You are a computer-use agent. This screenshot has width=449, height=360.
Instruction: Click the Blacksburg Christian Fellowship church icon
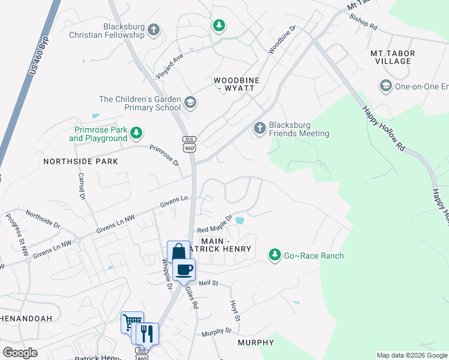pyautogui.click(x=154, y=29)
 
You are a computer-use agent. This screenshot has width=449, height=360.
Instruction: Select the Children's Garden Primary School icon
pyautogui.click(x=190, y=103)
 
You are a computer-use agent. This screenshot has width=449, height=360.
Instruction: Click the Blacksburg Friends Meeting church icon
pyautogui.click(x=259, y=127)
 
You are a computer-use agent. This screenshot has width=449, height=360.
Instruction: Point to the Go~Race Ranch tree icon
pyautogui.click(x=275, y=256)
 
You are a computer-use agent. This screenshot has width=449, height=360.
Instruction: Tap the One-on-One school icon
pyautogui.click(x=385, y=86)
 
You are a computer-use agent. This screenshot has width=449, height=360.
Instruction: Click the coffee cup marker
pyautogui.click(x=184, y=269)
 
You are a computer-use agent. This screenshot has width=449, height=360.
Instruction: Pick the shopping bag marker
pyautogui.click(x=178, y=251)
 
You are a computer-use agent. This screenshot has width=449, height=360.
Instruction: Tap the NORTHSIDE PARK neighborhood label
pyautogui.click(x=80, y=161)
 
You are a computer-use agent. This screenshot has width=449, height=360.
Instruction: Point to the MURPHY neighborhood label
pyautogui.click(x=256, y=343)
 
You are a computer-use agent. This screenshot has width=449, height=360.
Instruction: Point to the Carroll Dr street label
pyautogui.click(x=81, y=186)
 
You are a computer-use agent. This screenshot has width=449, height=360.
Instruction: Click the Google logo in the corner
pyautogui.click(x=20, y=352)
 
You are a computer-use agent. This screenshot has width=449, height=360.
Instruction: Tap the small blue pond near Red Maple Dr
pyautogui.click(x=240, y=220)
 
